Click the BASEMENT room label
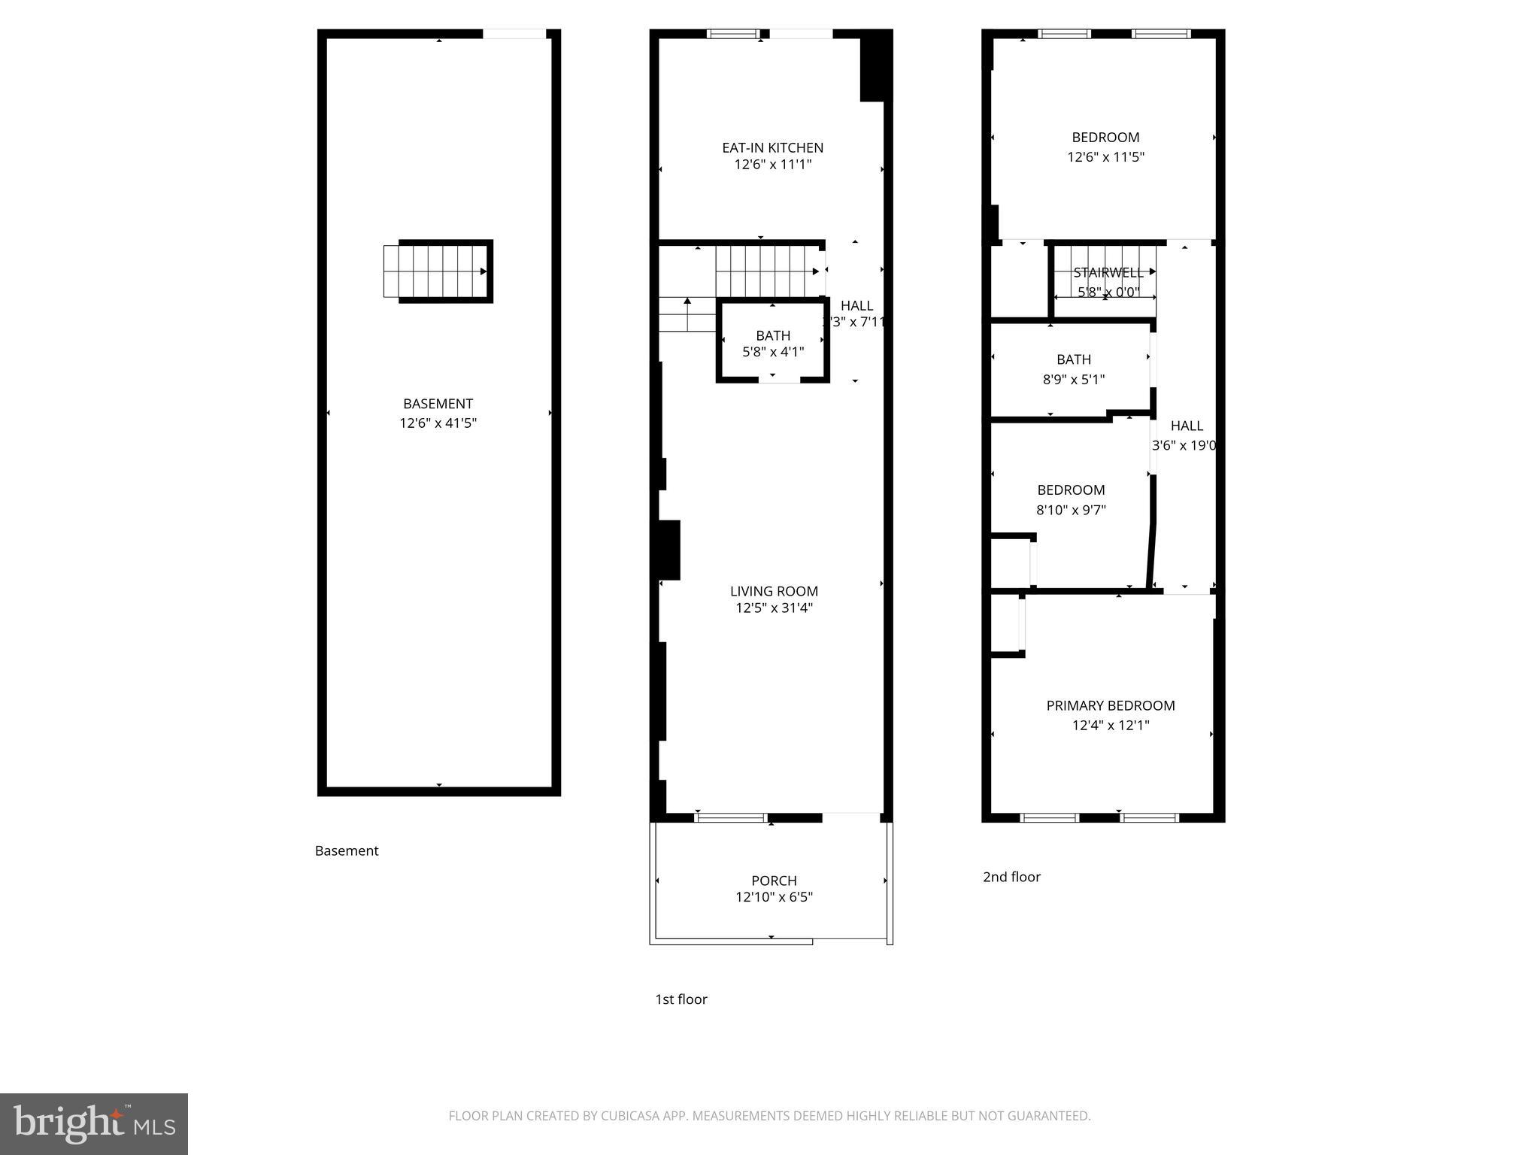point(438,404)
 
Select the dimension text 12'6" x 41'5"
point(438,423)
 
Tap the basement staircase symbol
point(438,271)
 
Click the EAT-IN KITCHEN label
point(772,148)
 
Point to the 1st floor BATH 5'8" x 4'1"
point(772,344)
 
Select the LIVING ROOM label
point(774,592)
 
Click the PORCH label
point(774,881)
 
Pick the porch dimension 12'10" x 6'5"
point(774,897)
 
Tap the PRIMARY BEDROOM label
point(1110,706)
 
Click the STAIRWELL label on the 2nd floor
point(1108,273)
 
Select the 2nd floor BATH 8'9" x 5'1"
point(1073,369)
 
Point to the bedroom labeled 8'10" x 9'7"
point(1071,500)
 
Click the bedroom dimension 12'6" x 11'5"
point(1105,157)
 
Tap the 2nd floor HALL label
point(1186,426)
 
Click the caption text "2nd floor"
point(1011,877)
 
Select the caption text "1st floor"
point(681,999)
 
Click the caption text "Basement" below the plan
point(346,851)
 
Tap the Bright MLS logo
point(93,1123)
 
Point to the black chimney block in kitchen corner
point(875,66)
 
